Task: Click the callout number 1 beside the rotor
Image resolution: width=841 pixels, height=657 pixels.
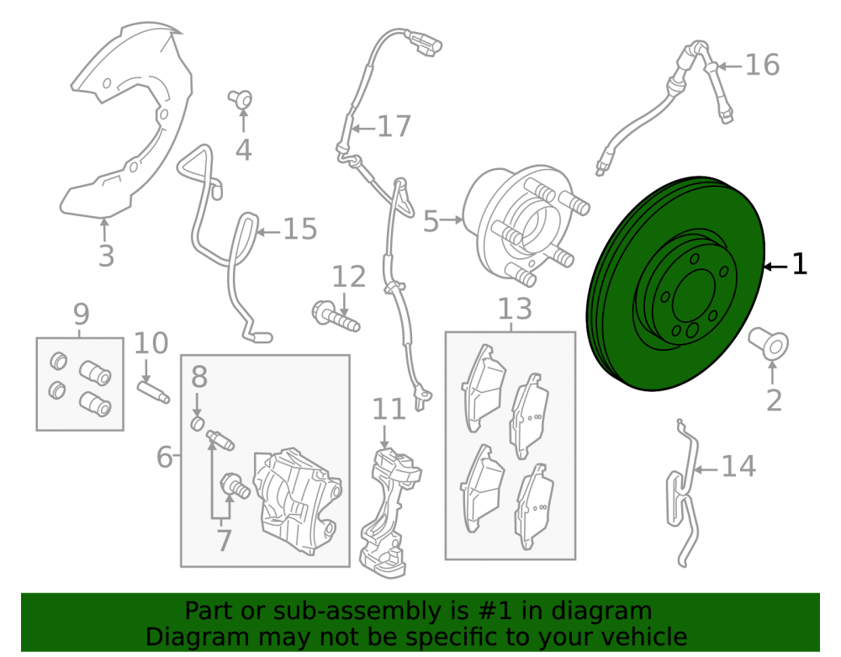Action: tap(799, 264)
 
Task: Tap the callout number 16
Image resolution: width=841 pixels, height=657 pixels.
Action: tap(762, 65)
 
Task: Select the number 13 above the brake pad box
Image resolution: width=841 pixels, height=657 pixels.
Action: tap(515, 310)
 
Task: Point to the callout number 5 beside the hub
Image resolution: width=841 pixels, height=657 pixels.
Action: tap(431, 221)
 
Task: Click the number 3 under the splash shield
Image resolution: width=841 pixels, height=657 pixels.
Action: tap(106, 256)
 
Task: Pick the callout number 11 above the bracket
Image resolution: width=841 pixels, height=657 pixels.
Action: tap(389, 410)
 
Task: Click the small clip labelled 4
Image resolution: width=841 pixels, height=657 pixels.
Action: tap(241, 100)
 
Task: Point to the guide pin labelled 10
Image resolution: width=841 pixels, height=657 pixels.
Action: tap(153, 391)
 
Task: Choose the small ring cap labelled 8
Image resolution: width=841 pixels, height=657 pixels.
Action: tap(198, 424)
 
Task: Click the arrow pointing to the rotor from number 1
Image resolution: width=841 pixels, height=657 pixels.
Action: tap(776, 267)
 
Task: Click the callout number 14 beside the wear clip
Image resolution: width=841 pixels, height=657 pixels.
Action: tap(738, 466)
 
